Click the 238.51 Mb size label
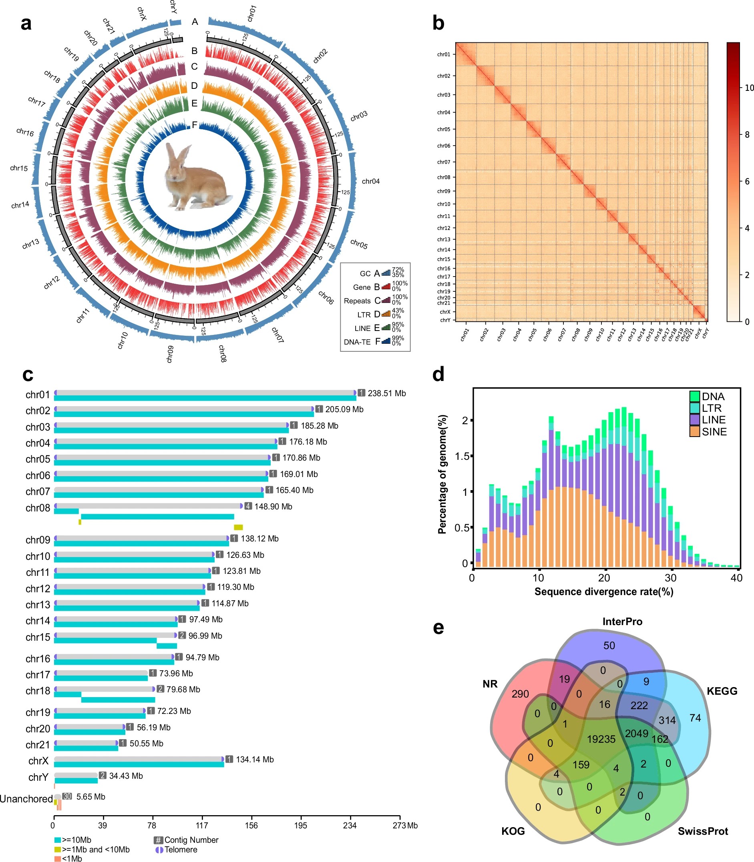386,393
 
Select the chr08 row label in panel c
38,507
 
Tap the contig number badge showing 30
67,796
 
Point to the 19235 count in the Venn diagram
601,739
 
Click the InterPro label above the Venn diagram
622,621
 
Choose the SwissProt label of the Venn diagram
702,831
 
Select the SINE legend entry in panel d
714,431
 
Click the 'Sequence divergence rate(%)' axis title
603,591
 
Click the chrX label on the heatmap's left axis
445,312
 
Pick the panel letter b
438,23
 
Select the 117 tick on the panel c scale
202,826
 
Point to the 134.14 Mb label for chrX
255,760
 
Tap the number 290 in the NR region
520,694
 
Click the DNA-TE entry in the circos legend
357,342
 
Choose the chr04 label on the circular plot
370,181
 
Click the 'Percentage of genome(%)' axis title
442,474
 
